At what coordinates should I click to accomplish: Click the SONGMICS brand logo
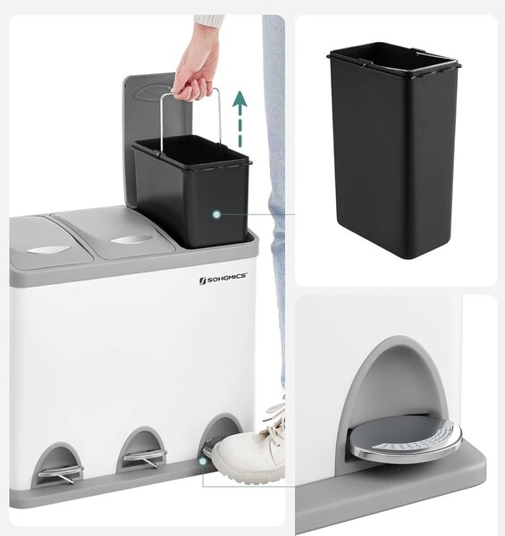[223, 278]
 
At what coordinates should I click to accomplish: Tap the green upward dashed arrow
[240, 119]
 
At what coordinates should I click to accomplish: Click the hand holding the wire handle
[195, 70]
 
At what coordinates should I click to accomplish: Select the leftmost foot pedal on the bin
[60, 474]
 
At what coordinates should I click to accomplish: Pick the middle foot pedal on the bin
[145, 457]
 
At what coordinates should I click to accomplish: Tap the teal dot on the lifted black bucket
[216, 214]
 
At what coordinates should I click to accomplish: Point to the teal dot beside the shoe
[203, 462]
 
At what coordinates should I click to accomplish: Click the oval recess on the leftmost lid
[45, 250]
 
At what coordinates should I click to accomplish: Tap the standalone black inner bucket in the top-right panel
[393, 149]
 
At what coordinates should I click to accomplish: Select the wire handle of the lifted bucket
[190, 120]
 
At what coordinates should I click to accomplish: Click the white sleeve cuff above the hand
[208, 21]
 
